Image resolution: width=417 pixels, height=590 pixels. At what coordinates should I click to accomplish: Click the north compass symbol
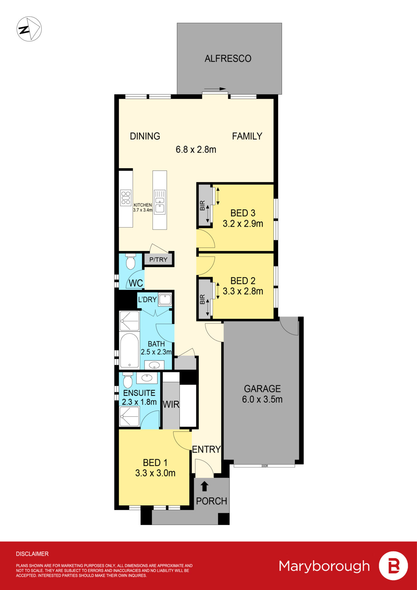coord(29,29)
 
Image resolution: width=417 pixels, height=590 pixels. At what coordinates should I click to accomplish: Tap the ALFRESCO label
coord(228,59)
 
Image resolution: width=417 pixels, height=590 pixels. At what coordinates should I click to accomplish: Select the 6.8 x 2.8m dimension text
coord(196,149)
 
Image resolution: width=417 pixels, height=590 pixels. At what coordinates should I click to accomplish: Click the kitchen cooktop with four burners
coord(126,198)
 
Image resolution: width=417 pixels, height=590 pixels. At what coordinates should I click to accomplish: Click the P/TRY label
coord(158,260)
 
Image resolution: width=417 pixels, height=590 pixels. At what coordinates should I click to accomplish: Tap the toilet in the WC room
coord(130,262)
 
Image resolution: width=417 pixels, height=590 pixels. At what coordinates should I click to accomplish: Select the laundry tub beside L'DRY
coord(165,300)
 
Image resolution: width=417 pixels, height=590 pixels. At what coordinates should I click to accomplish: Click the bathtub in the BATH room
coord(129,350)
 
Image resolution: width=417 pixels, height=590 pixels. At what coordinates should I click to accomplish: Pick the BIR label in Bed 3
coord(202,206)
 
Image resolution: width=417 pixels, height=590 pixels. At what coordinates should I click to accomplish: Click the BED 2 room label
coord(243,281)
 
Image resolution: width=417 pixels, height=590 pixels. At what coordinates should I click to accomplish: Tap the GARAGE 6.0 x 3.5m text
coord(262,394)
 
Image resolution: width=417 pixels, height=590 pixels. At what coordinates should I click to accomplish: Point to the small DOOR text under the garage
coord(265,466)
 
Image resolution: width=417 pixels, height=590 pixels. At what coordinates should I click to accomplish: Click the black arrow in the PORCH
coord(204,486)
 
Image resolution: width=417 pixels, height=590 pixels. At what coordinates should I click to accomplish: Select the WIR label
coord(171,404)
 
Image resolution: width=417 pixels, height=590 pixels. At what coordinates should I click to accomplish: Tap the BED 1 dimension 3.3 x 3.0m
coord(155,473)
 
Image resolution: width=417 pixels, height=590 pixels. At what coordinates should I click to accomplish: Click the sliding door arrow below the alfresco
coord(215,89)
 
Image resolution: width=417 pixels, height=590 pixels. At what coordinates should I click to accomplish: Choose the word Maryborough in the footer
coord(324,566)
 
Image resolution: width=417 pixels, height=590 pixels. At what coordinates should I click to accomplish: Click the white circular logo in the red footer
coord(393,566)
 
